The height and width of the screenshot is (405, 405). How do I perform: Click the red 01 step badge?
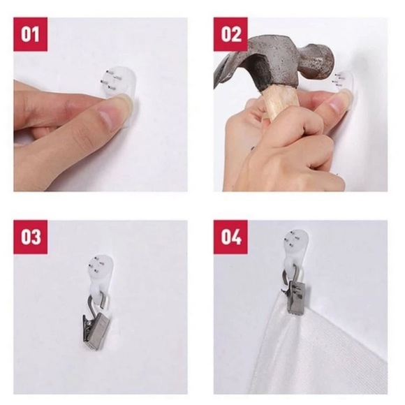pos(31,34)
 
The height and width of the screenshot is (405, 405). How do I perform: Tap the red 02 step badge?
pos(230,34)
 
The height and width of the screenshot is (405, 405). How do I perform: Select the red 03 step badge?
pos(31,237)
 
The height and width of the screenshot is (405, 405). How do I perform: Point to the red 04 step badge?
pos(230,237)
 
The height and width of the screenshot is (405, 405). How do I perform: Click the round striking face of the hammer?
pos(326,64)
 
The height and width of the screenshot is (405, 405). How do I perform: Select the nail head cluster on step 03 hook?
pos(97,265)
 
